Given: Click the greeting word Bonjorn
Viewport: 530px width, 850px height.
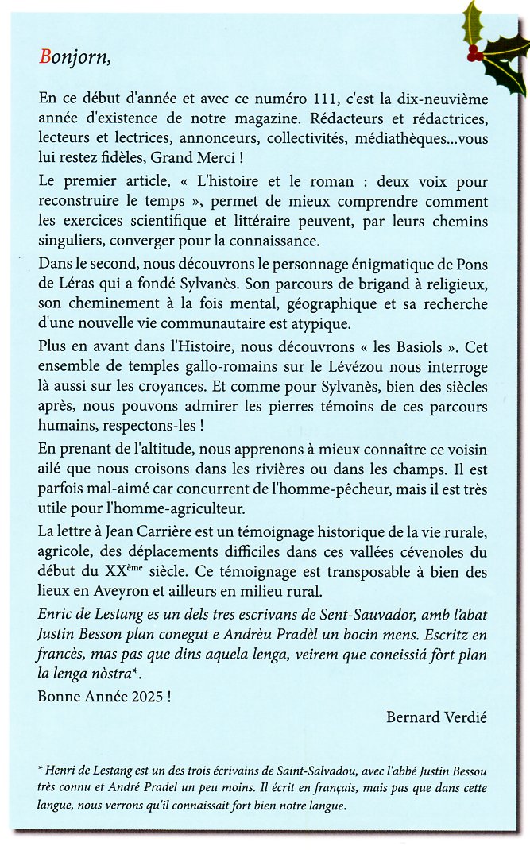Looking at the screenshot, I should click(x=74, y=58).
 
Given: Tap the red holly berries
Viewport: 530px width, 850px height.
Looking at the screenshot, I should click(x=474, y=54).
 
